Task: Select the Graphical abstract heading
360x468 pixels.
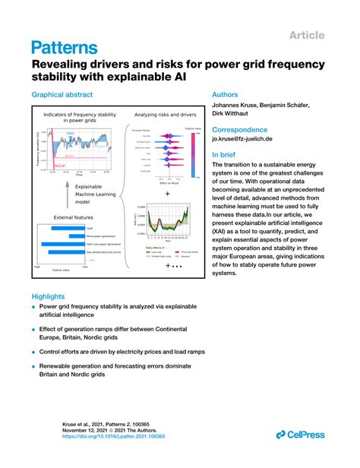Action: coord(62,95)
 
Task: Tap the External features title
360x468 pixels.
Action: coord(74,217)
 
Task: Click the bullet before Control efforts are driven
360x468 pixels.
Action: coord(33,353)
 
